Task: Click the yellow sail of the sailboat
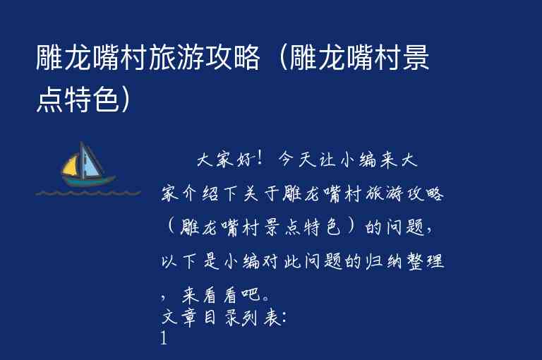(71, 167)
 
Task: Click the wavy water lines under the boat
(88, 192)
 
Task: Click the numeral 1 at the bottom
(164, 340)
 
